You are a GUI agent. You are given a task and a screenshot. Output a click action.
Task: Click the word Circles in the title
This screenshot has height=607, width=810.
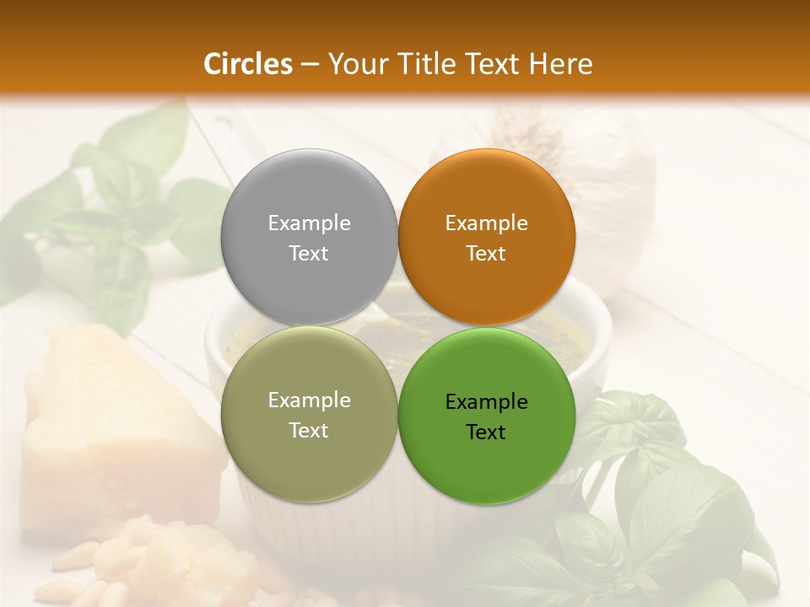248,64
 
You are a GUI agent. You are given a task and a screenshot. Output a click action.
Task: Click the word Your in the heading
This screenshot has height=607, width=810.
355,64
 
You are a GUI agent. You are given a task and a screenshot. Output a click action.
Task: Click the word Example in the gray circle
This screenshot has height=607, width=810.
309,223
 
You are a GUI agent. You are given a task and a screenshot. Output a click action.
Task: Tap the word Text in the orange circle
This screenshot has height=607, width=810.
486,254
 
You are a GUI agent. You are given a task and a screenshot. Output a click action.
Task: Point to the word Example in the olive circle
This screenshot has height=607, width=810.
309,400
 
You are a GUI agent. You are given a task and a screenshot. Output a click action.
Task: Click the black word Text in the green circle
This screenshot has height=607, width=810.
486,432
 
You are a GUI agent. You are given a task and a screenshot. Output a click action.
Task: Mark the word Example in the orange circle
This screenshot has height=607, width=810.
486,223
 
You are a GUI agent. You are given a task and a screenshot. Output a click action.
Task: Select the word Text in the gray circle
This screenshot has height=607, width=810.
309,254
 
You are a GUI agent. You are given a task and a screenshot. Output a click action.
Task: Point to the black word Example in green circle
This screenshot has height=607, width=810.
486,402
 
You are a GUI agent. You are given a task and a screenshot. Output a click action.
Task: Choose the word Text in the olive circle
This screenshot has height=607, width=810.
309,431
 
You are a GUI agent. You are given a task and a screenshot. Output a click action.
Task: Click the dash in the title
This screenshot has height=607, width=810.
310,65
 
